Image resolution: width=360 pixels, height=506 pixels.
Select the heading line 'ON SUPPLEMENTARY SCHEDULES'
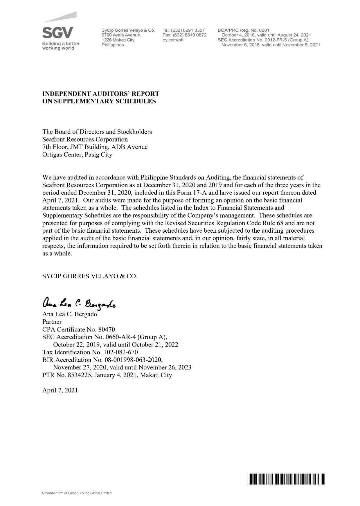click(x=99, y=101)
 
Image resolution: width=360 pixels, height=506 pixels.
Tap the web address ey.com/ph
click(x=173, y=40)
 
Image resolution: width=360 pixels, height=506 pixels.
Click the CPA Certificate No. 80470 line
click(x=79, y=329)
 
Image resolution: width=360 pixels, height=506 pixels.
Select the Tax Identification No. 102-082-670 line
click(x=90, y=352)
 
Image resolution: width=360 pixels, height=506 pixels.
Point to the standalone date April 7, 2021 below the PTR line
click(x=60, y=390)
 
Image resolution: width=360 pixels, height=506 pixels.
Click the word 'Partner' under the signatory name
click(x=52, y=322)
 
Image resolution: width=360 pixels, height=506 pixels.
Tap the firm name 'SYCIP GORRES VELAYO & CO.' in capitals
click(x=90, y=276)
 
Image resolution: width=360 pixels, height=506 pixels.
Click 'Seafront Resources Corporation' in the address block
click(x=85, y=139)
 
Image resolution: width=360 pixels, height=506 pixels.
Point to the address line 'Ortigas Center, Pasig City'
click(x=77, y=155)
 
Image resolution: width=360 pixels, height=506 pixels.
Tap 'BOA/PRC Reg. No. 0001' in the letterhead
click(x=244, y=30)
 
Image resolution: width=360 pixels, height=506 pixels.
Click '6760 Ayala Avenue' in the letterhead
click(x=121, y=35)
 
